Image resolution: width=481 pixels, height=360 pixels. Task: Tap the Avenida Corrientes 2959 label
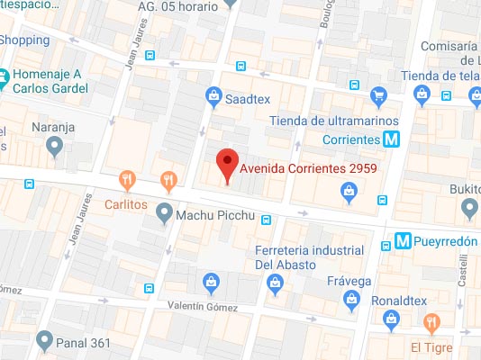click(308, 167)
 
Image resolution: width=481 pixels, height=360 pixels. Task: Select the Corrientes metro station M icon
click(390, 139)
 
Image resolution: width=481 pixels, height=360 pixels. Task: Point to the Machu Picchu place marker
click(163, 213)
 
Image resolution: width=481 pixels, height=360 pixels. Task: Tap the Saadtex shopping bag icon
click(213, 94)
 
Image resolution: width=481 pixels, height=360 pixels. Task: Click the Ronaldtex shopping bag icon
click(391, 317)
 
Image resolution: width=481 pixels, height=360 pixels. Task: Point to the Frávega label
click(349, 281)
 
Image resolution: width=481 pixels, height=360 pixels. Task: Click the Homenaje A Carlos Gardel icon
click(6, 77)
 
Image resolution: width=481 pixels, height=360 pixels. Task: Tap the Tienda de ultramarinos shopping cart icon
click(379, 94)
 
